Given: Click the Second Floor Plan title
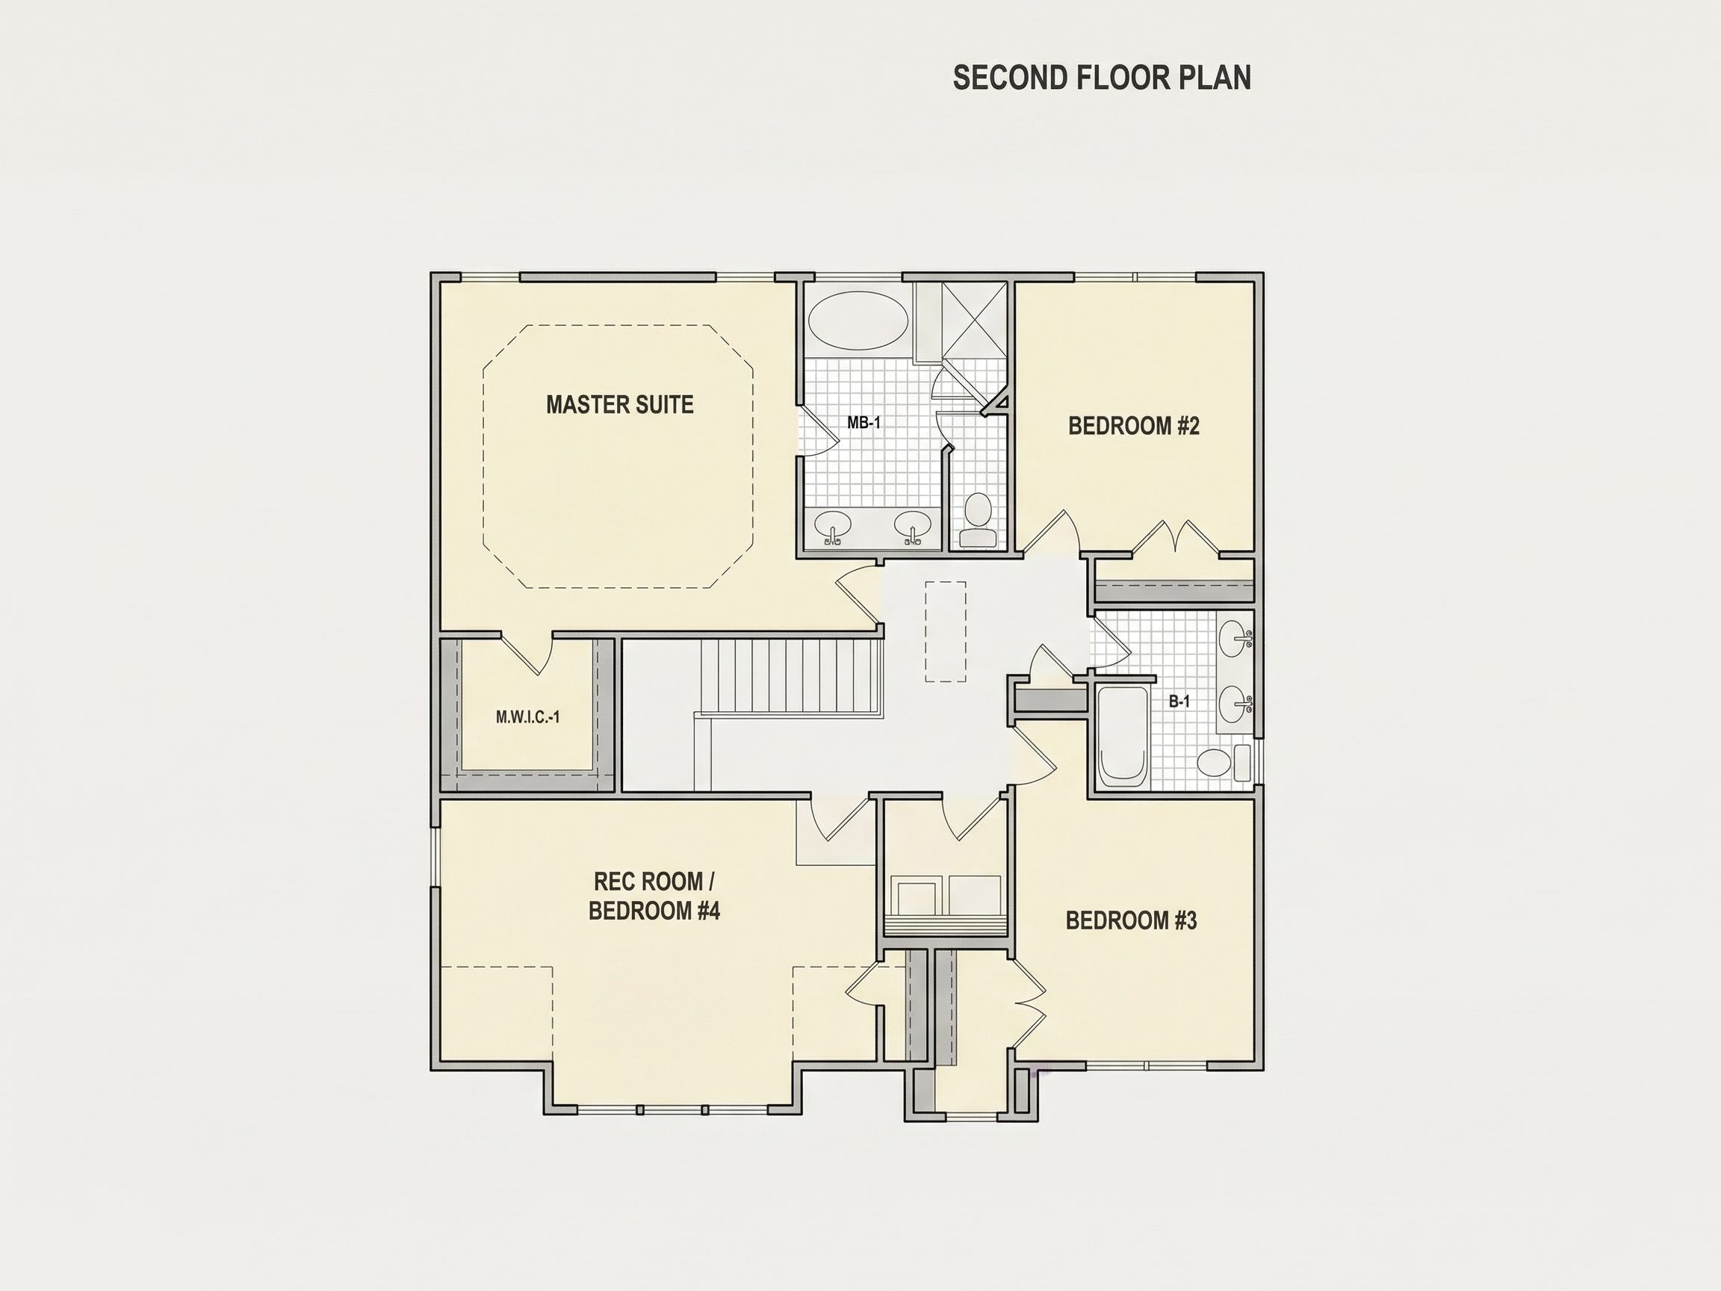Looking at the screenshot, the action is click(x=1102, y=78).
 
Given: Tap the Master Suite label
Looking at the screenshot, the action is click(x=619, y=405).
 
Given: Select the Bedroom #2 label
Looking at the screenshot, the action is click(x=1134, y=426).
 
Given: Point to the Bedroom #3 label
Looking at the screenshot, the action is click(x=1131, y=920).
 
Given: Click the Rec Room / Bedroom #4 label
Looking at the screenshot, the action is click(x=654, y=896).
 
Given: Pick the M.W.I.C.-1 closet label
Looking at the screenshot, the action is click(x=527, y=717).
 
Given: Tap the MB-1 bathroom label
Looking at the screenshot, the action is click(x=863, y=424).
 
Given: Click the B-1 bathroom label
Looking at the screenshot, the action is click(x=1179, y=701).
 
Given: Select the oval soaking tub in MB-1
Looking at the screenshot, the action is click(x=858, y=319).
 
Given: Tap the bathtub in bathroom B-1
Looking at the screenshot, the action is click(x=1122, y=736).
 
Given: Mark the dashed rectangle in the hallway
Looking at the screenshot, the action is click(x=946, y=632).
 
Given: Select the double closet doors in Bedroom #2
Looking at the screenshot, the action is click(x=1175, y=538).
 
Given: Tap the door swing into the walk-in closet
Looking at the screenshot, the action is click(x=527, y=654).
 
